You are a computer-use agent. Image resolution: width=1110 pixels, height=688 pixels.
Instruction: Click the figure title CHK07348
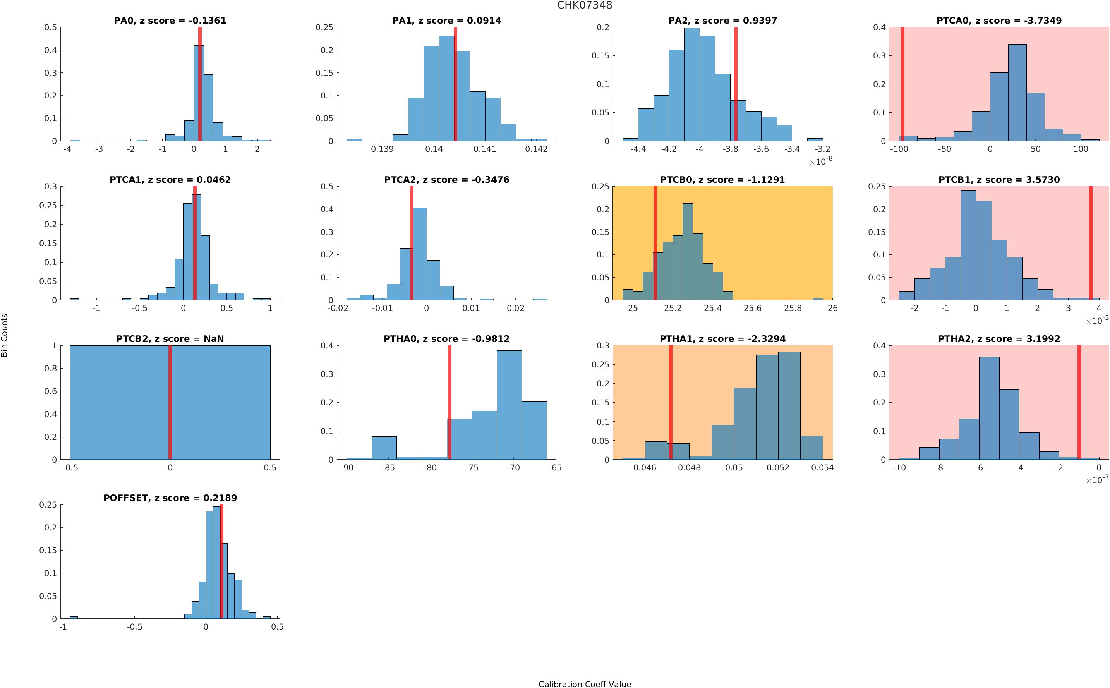coord(584,5)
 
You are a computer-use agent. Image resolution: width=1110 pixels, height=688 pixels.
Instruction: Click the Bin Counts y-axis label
coord(5,335)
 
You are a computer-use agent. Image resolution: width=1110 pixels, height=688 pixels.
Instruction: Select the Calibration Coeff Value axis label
coord(584,683)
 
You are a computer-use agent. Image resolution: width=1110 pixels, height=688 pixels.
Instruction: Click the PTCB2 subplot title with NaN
coord(170,339)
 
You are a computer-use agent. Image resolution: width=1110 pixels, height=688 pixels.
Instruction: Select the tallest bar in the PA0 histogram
coord(199,93)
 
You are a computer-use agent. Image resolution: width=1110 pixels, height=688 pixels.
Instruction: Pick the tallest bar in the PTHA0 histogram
coord(509,405)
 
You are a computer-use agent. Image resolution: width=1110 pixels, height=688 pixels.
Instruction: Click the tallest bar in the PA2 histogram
coord(691,84)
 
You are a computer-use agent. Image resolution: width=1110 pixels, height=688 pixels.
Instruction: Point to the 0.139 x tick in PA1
coord(382,149)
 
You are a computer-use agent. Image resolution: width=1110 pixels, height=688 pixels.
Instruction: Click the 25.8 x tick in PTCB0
coord(793,309)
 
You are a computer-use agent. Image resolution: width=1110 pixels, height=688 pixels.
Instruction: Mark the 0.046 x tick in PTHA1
coord(645,468)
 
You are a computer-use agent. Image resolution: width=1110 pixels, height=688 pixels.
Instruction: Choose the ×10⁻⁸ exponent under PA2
coord(821,161)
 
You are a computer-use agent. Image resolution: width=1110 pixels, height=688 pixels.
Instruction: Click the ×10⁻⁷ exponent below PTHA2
coord(1097,480)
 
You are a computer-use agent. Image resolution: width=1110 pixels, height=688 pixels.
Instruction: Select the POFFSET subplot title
coord(170,498)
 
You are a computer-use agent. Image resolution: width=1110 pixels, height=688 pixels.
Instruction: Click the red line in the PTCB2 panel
coord(170,402)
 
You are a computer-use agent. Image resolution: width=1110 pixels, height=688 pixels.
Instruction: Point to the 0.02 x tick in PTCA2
coord(515,309)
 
